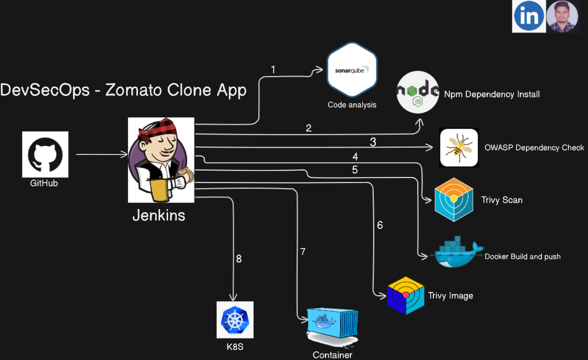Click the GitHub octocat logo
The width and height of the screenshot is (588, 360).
pos(45,153)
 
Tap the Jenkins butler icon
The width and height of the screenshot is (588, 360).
pos(161,159)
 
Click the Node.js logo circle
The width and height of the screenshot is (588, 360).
pos(418,92)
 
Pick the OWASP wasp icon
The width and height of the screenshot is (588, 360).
pos(459,147)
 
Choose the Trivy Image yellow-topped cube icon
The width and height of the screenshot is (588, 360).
pos(405,295)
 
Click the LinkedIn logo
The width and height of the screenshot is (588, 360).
pos(528,16)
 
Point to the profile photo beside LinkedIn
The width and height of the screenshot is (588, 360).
pos(562,16)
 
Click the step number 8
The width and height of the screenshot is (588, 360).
pos(239,258)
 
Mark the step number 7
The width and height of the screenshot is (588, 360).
pos(302,251)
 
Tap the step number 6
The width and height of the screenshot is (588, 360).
pos(380,225)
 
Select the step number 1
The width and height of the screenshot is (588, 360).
pos(273,69)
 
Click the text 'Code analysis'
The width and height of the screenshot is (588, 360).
pos(352,104)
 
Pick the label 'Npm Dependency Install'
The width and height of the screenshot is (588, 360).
pos(492,94)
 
